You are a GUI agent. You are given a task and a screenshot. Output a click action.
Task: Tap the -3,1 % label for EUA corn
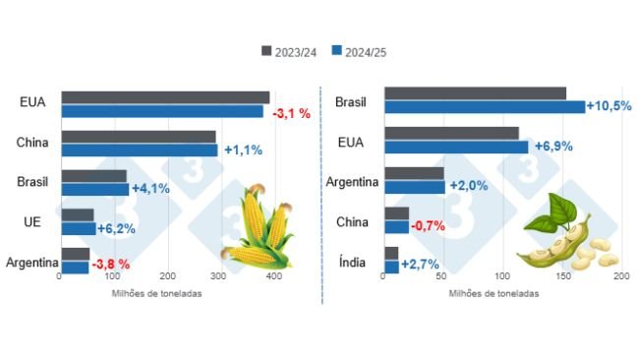[291, 113]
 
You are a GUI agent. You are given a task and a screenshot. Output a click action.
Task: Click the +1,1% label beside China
[243, 150]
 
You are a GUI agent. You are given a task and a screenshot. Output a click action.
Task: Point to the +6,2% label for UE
[117, 229]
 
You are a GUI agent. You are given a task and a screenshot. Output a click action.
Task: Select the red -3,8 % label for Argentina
[111, 266]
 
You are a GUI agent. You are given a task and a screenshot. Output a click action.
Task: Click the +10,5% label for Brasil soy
[609, 106]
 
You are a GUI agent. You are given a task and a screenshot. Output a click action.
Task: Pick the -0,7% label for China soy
[428, 226]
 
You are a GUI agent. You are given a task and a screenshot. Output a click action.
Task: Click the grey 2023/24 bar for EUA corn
[165, 97]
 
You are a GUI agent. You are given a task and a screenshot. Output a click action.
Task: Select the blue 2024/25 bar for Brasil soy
[484, 106]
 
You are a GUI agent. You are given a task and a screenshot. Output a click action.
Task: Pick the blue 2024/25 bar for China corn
[139, 150]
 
